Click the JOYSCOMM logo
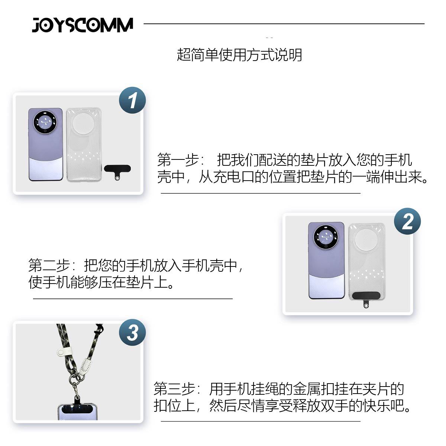(83, 25)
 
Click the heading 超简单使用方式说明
(239, 55)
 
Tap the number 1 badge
(132, 100)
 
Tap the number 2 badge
(407, 221)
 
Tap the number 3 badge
(132, 332)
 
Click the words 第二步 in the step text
(49, 265)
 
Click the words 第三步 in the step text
(174, 389)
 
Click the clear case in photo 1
(84, 145)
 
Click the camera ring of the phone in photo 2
(326, 237)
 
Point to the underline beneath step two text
(133, 298)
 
